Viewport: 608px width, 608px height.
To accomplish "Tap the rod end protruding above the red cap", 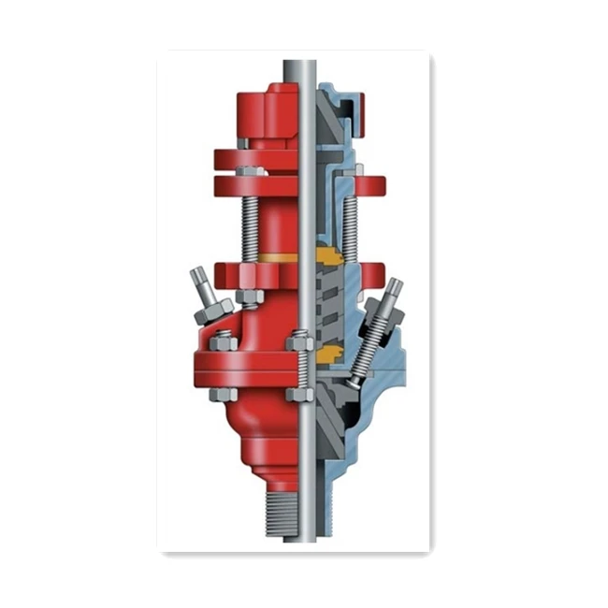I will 300,69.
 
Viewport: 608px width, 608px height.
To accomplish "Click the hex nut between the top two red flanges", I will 247,172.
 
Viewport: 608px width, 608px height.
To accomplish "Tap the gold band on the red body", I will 276,256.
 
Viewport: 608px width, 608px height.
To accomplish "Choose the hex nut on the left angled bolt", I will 208,307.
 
